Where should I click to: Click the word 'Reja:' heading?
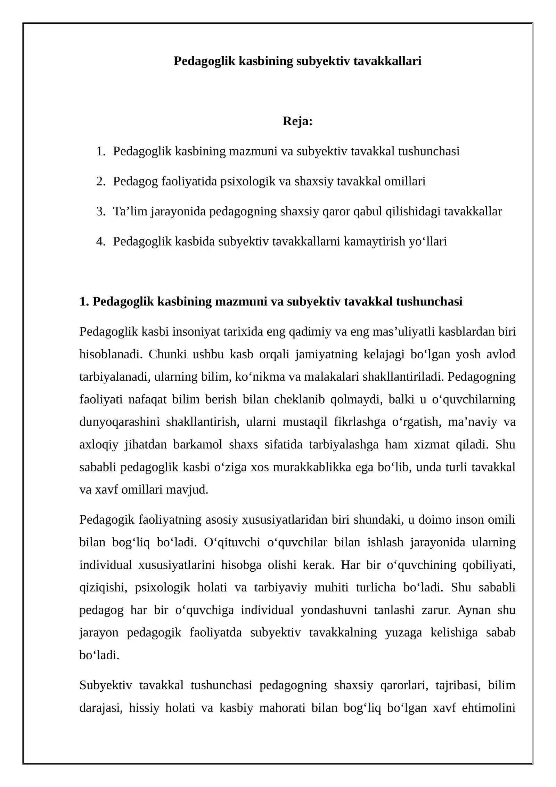(x=297, y=121)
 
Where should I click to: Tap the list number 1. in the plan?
(x=100, y=151)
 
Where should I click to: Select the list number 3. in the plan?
(x=100, y=211)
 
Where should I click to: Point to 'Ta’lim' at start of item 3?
(x=130, y=211)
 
